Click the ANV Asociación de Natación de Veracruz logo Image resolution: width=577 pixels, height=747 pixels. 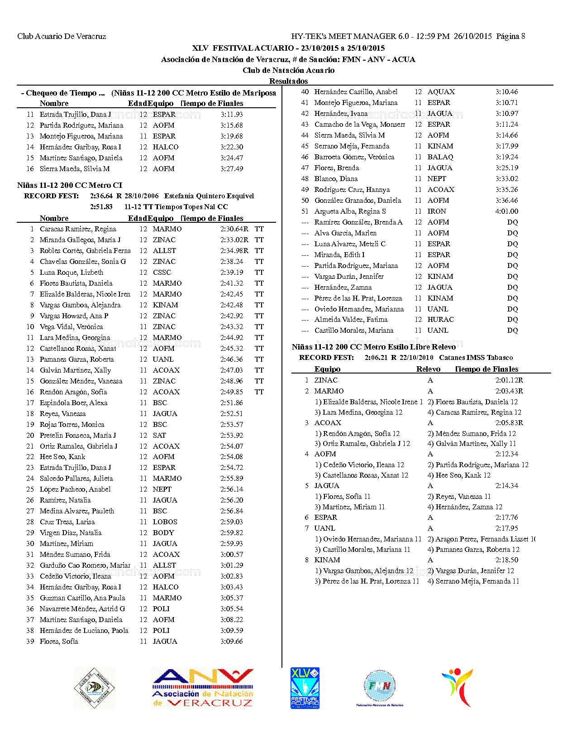point(203,688)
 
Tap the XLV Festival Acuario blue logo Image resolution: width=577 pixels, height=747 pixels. point(305,688)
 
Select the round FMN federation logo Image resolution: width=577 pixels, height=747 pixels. point(380,687)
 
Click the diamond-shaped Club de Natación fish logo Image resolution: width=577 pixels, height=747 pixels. point(95,688)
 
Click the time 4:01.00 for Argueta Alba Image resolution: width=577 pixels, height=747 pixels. point(506,211)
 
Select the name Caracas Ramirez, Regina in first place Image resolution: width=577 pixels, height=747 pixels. point(78,229)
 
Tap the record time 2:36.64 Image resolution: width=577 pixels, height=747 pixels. point(101,196)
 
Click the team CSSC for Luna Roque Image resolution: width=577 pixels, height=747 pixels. point(162,273)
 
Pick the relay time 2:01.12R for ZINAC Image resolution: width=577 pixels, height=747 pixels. point(509,380)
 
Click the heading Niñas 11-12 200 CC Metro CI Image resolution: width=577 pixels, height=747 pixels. point(70,185)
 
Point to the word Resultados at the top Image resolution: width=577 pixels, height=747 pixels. point(288,81)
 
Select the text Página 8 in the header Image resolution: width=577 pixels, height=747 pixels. point(510,36)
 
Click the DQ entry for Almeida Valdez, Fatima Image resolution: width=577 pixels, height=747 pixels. point(512,320)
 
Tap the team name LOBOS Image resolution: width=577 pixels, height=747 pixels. point(165,522)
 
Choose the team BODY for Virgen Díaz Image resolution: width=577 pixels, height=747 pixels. point(163,533)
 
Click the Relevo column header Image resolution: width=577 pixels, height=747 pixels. point(428,369)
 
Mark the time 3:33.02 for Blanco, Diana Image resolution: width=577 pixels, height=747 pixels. point(506,179)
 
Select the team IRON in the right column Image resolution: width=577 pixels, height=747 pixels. point(437,211)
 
